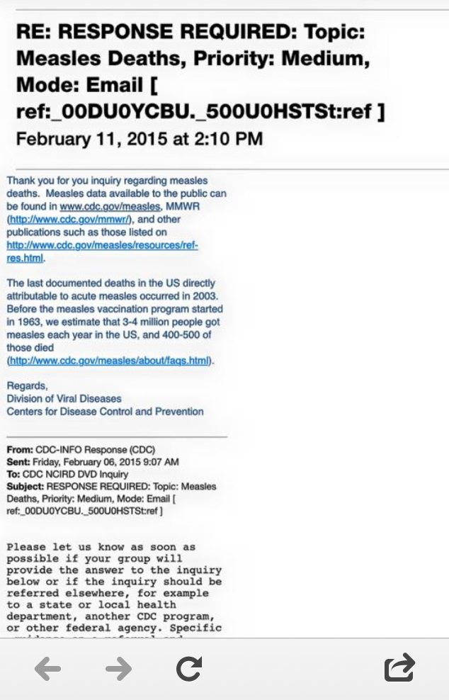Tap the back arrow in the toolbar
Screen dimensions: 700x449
click(x=48, y=668)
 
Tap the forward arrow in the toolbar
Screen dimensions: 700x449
click(x=119, y=668)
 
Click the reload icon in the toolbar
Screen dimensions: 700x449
click(x=189, y=668)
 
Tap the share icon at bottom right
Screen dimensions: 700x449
click(x=399, y=668)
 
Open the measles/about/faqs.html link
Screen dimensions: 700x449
click(x=110, y=361)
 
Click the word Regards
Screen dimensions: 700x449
click(x=27, y=386)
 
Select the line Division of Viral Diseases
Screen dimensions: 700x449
click(x=64, y=399)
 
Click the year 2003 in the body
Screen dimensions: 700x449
click(x=208, y=296)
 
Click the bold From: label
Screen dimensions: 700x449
click(x=20, y=449)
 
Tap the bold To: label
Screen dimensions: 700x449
click(x=14, y=474)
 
